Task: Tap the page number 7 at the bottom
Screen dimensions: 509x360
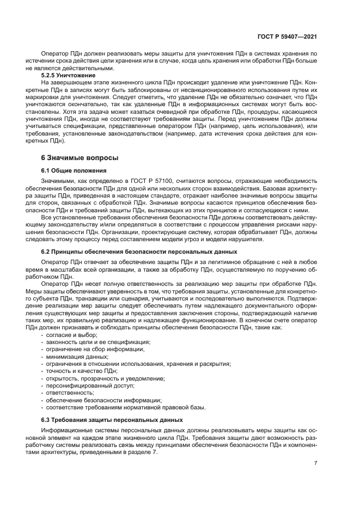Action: click(316, 463)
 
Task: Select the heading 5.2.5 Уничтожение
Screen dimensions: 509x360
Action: click(65, 75)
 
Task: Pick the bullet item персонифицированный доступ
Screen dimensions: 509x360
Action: click(82, 385)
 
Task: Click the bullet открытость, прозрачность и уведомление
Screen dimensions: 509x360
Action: click(105, 378)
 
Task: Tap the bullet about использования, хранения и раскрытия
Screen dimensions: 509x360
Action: click(138, 364)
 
